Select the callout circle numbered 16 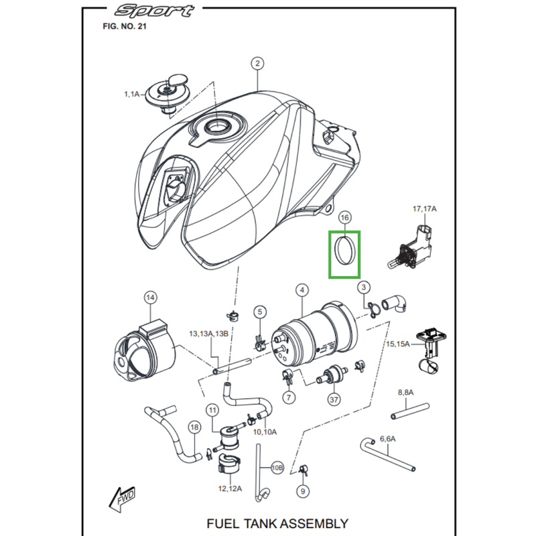(x=345, y=218)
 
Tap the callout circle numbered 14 (x=149, y=297)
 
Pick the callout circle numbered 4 (x=303, y=290)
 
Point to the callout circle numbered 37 (x=333, y=400)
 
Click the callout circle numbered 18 (x=194, y=426)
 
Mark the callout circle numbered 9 (x=303, y=491)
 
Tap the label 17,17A (x=423, y=210)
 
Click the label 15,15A (x=399, y=344)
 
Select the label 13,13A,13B (x=208, y=333)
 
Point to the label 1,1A (x=131, y=95)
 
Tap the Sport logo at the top (x=154, y=11)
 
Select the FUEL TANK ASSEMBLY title (x=277, y=523)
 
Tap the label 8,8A (x=406, y=392)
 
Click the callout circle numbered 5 (x=260, y=312)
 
